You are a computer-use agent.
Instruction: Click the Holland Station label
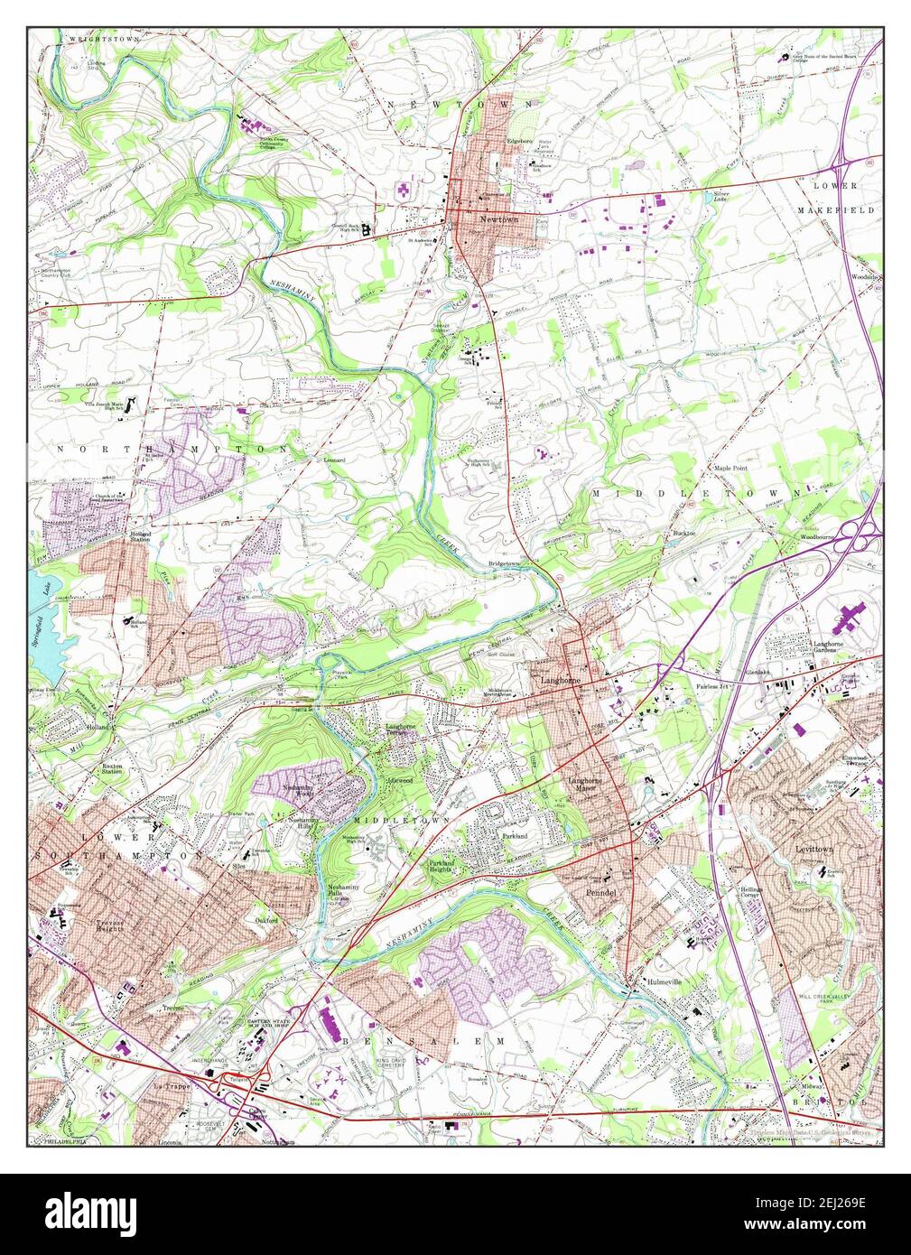140,538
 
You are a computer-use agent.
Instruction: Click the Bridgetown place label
504,563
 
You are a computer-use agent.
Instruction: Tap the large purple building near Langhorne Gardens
851,618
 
